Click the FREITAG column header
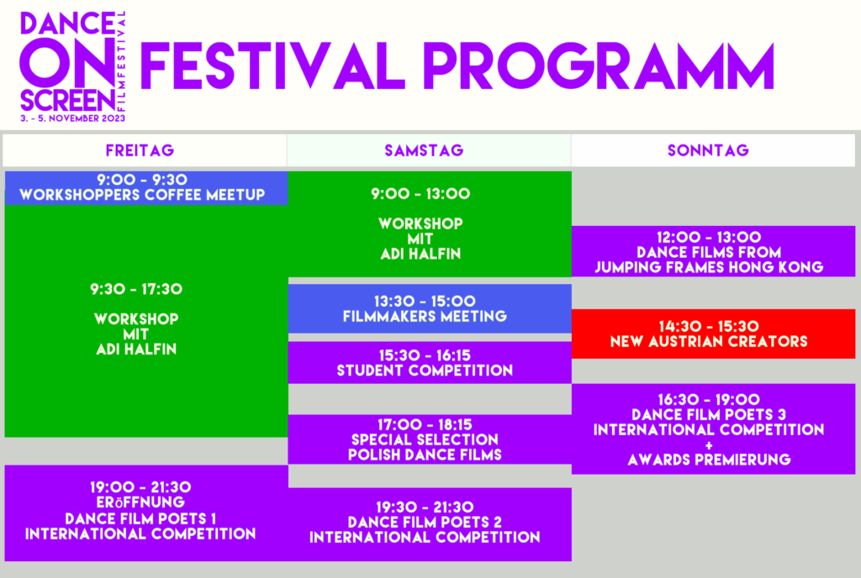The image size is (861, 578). tap(140, 150)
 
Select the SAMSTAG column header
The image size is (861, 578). tap(424, 150)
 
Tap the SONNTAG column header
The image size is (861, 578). tap(708, 150)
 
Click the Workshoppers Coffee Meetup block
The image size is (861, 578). tap(146, 188)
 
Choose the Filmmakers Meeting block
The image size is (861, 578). tap(430, 308)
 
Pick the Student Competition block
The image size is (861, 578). tap(430, 362)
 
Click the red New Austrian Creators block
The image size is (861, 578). tap(713, 334)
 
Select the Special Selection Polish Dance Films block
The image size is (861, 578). tap(430, 439)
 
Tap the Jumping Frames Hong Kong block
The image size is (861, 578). tap(713, 251)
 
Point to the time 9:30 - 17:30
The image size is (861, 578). tap(136, 289)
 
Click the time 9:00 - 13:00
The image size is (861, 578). tap(420, 193)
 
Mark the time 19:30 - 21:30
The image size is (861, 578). tap(425, 507)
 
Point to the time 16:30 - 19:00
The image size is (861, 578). tap(709, 399)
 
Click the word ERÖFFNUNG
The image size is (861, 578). tap(140, 502)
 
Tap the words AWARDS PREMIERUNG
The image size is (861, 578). tap(709, 460)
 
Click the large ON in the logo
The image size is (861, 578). tap(67, 62)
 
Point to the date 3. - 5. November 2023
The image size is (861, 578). tap(73, 118)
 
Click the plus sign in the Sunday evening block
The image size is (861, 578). tap(709, 445)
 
